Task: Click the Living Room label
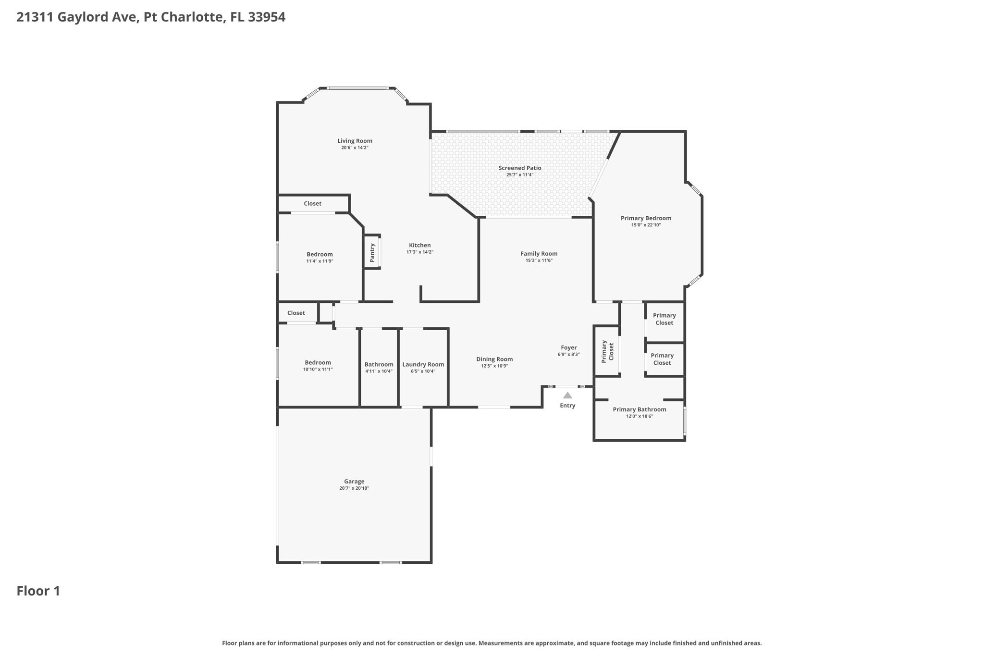(355, 141)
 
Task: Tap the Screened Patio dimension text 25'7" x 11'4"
(520, 175)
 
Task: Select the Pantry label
(372, 252)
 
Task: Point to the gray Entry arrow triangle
(567, 396)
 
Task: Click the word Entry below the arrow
(567, 406)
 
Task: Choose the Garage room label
(354, 482)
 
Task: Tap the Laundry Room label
(423, 365)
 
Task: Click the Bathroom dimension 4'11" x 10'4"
(379, 371)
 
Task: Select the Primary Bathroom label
(639, 409)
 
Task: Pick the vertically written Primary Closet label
(608, 351)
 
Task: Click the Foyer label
(568, 347)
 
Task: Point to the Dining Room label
(494, 359)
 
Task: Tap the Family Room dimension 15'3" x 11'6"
(539, 260)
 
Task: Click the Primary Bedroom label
(646, 218)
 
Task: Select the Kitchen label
(419, 245)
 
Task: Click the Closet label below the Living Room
(312, 204)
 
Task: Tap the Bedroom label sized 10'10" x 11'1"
(318, 363)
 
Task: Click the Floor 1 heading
(38, 591)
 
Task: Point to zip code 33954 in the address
(267, 17)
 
